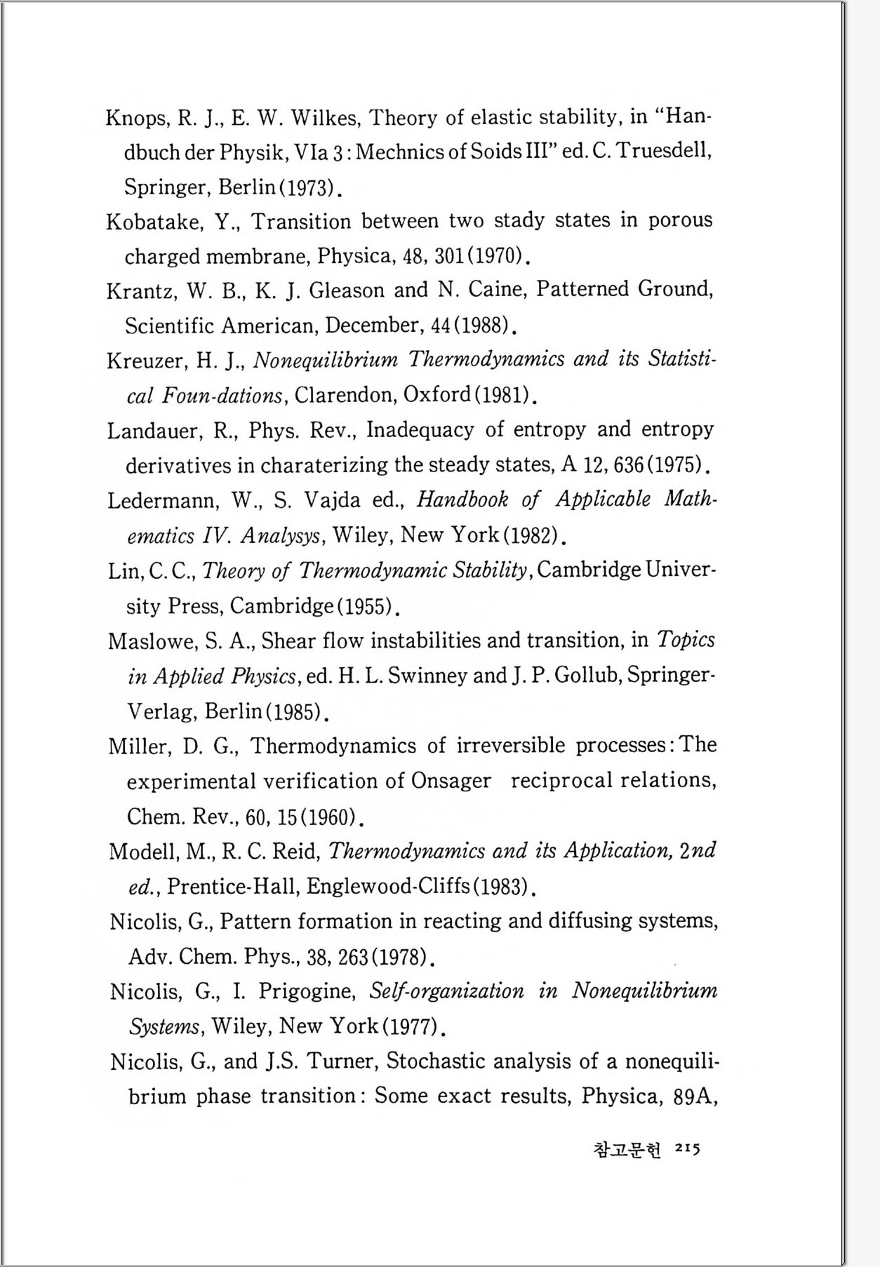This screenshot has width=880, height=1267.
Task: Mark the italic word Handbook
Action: coord(462,500)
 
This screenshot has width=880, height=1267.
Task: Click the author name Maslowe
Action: coord(151,641)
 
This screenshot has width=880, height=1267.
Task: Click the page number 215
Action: coord(686,1149)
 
